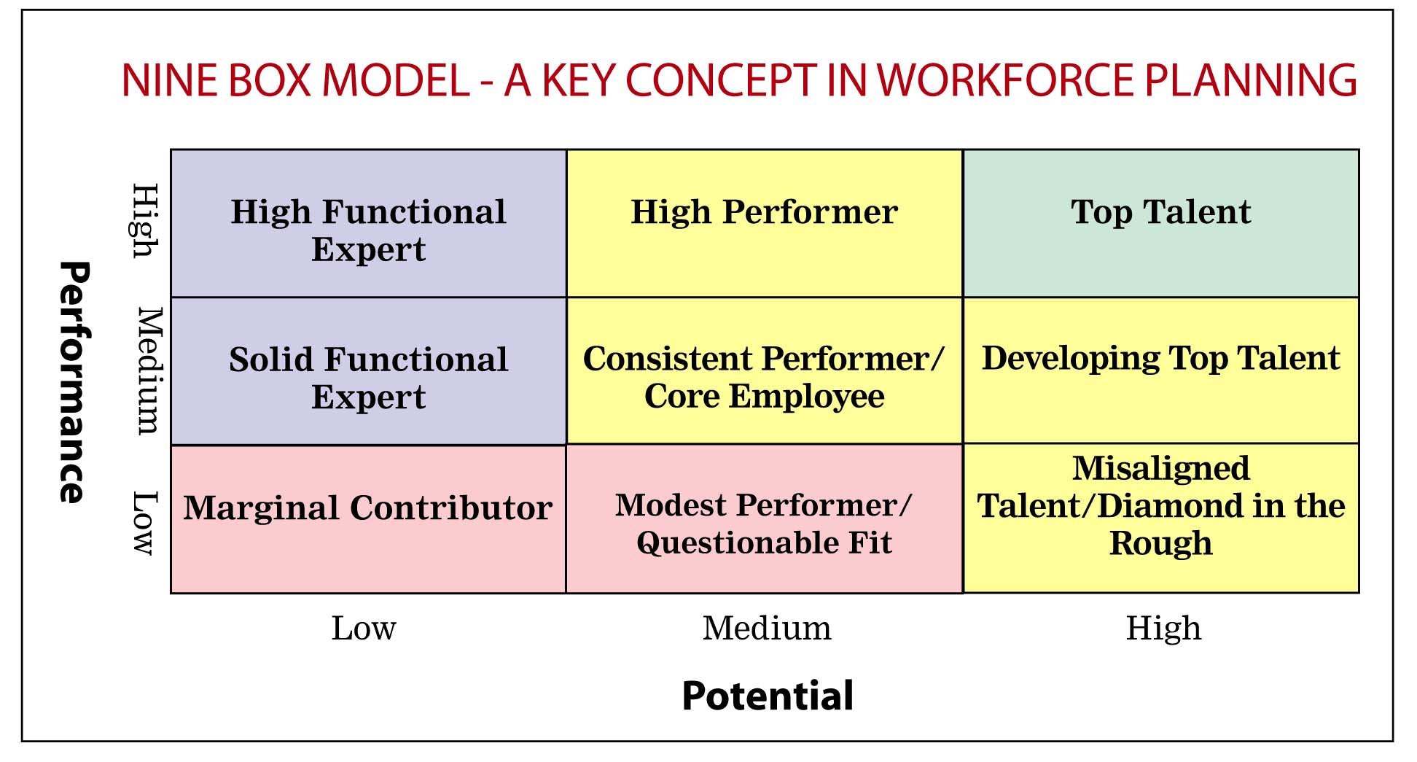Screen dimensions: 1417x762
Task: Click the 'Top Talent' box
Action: pos(1161,223)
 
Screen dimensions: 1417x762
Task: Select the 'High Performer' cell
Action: pos(765,223)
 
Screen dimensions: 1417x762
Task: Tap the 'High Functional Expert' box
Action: pos(369,223)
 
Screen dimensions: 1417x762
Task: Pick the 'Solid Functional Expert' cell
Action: pos(369,371)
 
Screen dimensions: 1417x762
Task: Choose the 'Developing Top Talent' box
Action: pos(1161,370)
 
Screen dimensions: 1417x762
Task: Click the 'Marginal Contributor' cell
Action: pos(369,519)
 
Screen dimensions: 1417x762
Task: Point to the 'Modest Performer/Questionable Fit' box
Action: pos(765,518)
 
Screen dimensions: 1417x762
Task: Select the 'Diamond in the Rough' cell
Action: pos(1161,518)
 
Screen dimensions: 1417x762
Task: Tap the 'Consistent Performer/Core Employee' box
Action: pos(765,370)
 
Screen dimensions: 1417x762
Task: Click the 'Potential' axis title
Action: pos(768,696)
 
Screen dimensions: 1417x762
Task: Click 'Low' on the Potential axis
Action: pos(364,628)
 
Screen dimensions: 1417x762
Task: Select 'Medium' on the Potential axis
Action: pos(767,628)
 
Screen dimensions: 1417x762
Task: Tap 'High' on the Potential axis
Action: pos(1163,628)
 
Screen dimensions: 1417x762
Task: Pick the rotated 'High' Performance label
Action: pos(145,221)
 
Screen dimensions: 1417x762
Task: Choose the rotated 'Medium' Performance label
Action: pos(150,370)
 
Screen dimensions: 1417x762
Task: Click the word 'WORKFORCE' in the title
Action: pos(1007,80)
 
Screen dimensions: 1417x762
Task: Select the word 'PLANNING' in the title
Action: pos(1251,80)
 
